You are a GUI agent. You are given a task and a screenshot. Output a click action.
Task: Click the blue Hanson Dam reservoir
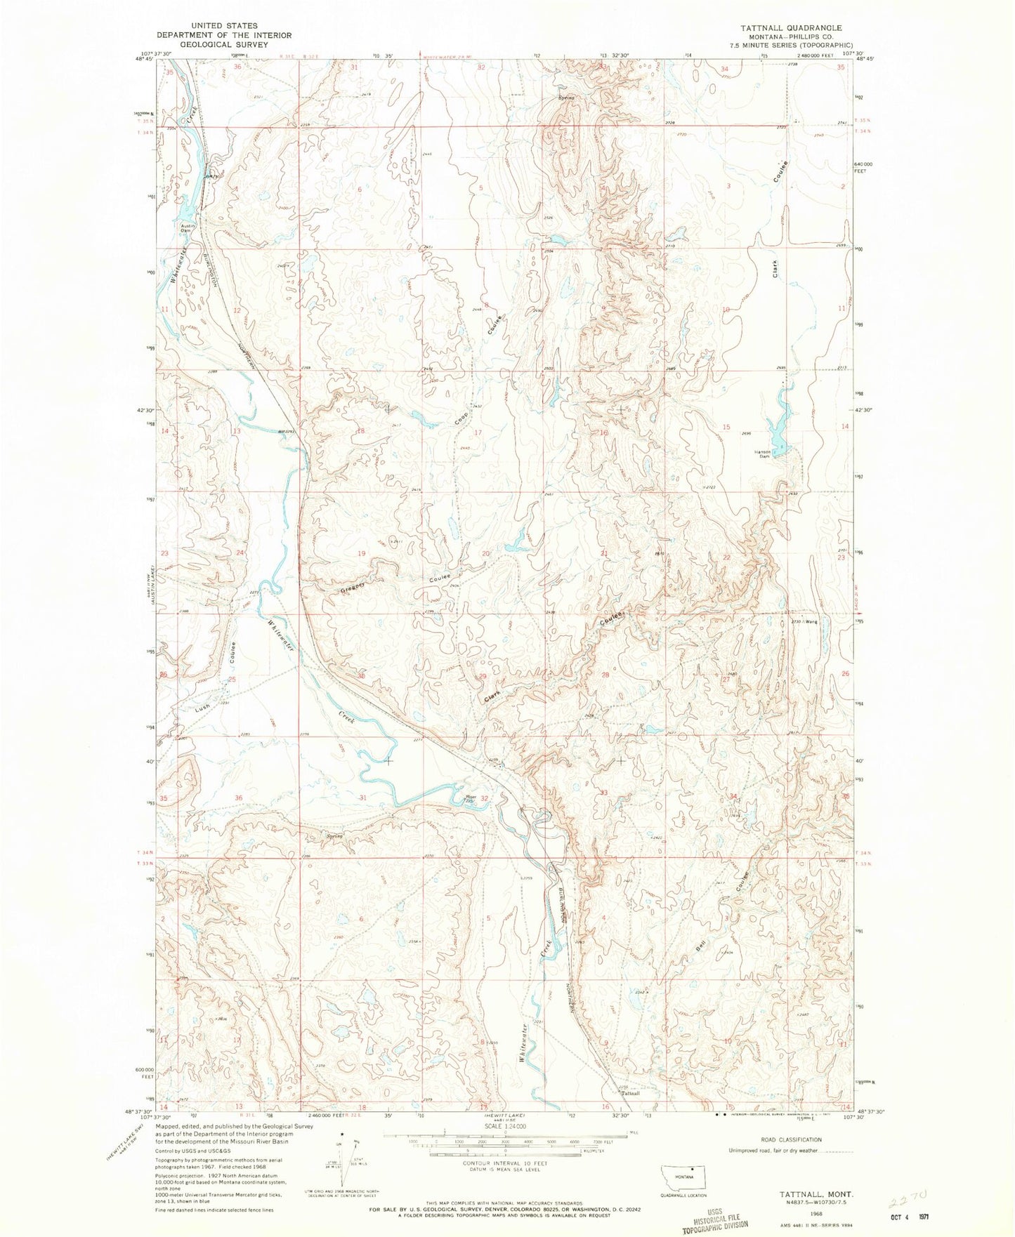click(778, 423)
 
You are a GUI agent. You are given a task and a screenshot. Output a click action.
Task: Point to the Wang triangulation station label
click(811, 621)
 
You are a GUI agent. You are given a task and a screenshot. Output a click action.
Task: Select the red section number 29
click(482, 676)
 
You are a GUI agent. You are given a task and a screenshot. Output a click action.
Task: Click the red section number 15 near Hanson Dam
click(727, 428)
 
